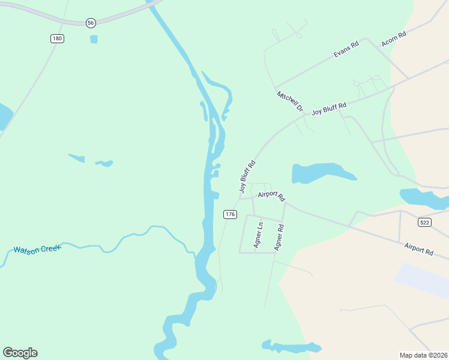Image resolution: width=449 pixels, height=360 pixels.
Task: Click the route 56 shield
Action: tap(90, 22)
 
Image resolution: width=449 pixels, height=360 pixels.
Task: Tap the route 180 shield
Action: tap(57, 38)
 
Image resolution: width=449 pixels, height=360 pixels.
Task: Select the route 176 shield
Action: tap(230, 214)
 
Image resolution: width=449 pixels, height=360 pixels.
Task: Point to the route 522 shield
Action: tap(424, 222)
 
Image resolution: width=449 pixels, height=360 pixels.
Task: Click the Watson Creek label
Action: tap(37, 248)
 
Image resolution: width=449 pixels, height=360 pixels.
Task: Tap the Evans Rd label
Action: tap(346, 50)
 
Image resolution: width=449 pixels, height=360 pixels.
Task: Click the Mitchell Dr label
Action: tap(290, 101)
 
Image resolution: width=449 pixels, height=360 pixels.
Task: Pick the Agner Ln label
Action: tap(259, 235)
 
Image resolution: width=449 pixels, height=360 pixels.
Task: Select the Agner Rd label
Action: tap(279, 237)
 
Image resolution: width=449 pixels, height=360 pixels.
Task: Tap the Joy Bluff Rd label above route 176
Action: tap(247, 176)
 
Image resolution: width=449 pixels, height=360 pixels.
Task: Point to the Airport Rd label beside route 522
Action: tap(418, 249)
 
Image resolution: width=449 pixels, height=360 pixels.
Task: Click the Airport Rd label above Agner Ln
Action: tap(271, 196)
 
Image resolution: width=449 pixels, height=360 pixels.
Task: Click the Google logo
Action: tap(20, 353)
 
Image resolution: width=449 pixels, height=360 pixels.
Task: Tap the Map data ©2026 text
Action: tap(423, 355)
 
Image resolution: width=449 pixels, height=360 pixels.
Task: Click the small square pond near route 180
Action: tap(94, 40)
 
